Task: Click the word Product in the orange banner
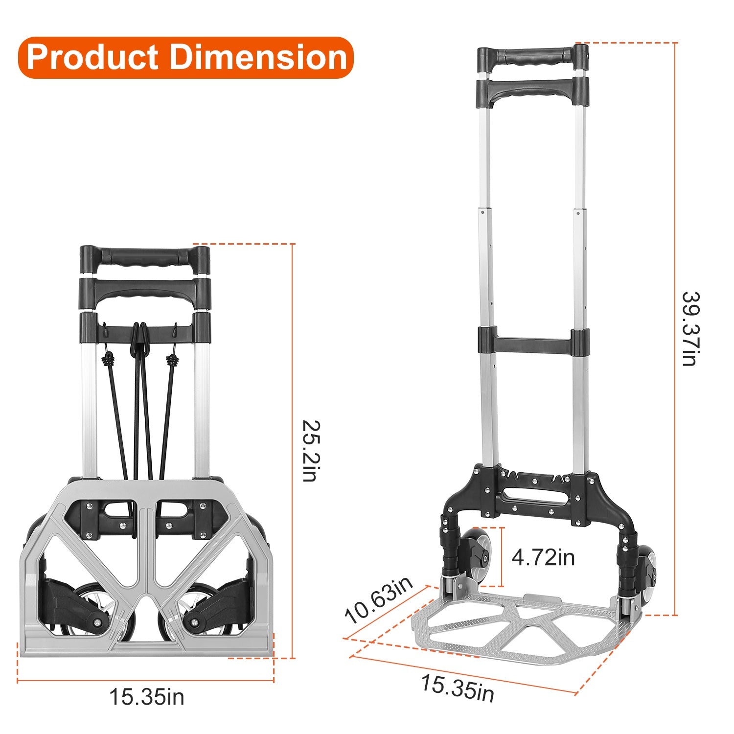(x=93, y=58)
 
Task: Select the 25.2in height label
(x=309, y=451)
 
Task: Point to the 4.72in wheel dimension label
(x=543, y=557)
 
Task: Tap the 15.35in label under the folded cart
(x=146, y=697)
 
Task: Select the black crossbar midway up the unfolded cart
(x=533, y=341)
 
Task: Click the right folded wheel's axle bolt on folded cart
(x=195, y=622)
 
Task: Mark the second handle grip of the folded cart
(x=145, y=292)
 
